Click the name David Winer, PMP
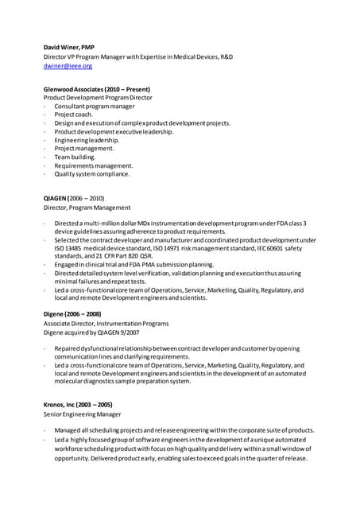point(68,48)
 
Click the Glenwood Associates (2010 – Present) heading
point(96,89)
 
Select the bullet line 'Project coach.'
point(74,115)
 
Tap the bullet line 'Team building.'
point(75,157)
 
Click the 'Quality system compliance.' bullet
point(91,173)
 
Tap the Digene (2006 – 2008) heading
point(72,314)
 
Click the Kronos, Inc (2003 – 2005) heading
point(78,405)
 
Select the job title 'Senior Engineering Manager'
point(82,414)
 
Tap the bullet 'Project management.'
point(84,148)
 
